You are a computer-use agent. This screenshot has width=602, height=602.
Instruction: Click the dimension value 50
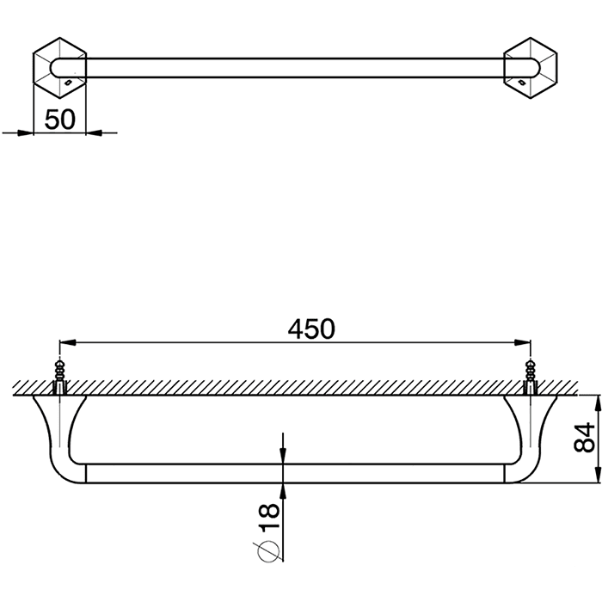coord(60,120)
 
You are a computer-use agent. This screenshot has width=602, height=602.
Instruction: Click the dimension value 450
coord(311,329)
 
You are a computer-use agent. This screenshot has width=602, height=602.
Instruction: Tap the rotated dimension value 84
coord(584,437)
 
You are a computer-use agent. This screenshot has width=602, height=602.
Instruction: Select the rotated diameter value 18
coord(269,518)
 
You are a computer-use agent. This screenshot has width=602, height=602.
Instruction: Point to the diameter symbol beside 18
coord(267,552)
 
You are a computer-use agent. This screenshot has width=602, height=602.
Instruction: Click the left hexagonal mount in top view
coord(60,68)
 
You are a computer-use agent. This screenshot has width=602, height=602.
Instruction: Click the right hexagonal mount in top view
coord(531,68)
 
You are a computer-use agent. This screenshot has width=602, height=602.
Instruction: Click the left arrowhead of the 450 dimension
coord(67,342)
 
